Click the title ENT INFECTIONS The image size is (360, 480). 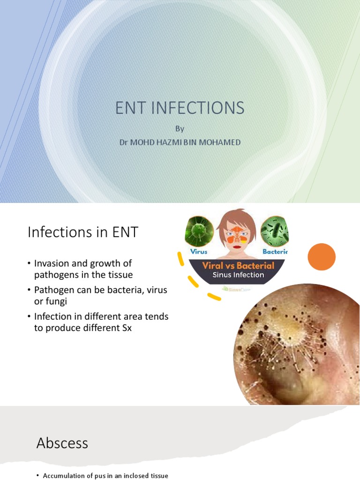coord(180,108)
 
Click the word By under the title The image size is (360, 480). coord(180,128)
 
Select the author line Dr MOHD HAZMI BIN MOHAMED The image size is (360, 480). coord(180,142)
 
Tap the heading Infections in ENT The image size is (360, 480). coord(83,232)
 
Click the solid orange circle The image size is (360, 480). coord(322,257)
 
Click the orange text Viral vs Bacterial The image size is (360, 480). coord(238,266)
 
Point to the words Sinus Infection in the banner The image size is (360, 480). coord(238,275)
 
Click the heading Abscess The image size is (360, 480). coord(62,443)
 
